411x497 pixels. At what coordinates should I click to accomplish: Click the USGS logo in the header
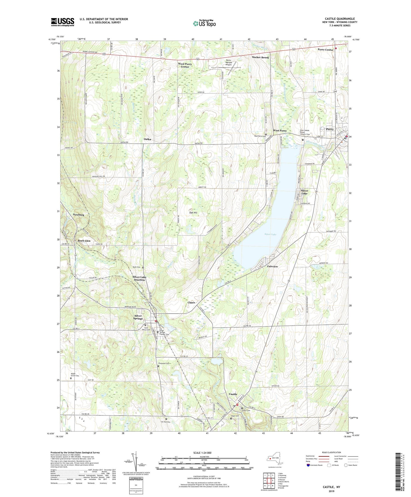[x=62, y=22]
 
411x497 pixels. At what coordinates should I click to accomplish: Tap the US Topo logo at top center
[x=204, y=23]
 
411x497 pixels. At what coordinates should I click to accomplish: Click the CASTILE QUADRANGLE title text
[x=339, y=19]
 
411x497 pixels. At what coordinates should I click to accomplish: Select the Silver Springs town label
[x=138, y=317]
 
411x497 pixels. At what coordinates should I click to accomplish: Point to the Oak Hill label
[x=193, y=212]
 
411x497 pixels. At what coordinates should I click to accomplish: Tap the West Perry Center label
[x=185, y=65]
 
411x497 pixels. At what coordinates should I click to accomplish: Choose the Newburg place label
[x=78, y=215]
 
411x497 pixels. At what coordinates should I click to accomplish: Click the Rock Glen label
[x=84, y=241]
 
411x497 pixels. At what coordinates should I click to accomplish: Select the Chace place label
[x=191, y=302]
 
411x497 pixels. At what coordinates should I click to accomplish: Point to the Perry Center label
[x=326, y=50]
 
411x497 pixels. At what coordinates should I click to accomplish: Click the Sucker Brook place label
[x=260, y=57]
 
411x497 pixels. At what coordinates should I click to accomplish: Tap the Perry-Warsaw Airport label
[x=229, y=63]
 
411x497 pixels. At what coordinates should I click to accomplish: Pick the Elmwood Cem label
[x=164, y=363]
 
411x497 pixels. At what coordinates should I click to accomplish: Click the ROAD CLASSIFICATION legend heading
[x=332, y=452]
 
